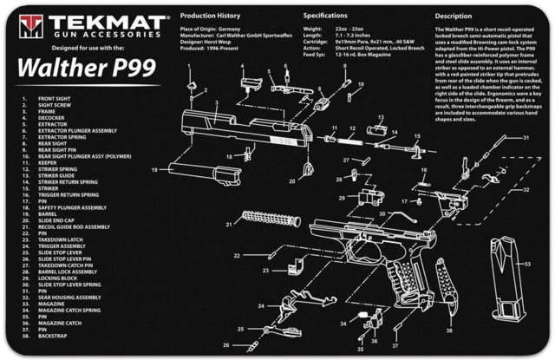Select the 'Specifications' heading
(328, 16)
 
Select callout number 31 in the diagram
(526, 138)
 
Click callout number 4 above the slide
(243, 67)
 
